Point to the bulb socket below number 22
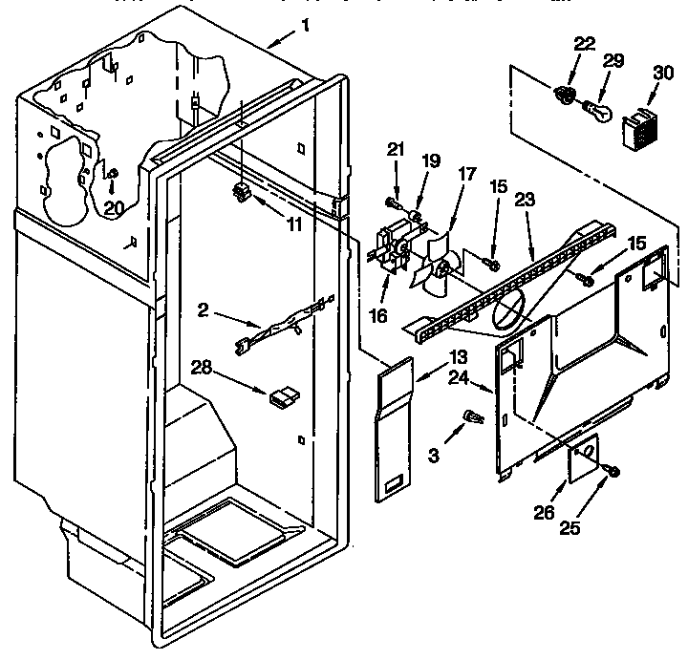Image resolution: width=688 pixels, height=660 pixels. pyautogui.click(x=564, y=96)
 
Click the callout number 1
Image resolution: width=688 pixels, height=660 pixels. pyautogui.click(x=304, y=28)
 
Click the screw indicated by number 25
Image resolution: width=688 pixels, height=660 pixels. pyautogui.click(x=611, y=470)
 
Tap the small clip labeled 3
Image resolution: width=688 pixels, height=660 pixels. pyautogui.click(x=471, y=416)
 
